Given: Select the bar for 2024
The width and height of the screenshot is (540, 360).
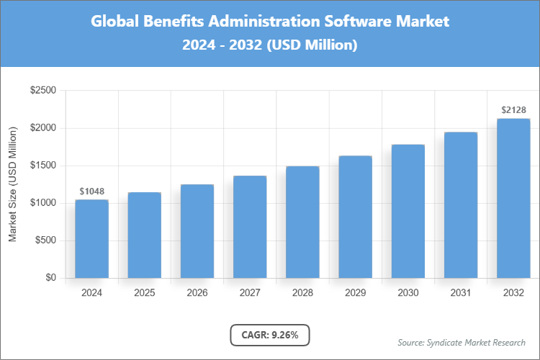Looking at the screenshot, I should pos(91,239).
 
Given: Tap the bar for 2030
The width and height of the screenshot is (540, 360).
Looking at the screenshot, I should pos(408,211).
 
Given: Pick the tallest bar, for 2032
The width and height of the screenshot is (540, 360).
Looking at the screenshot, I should pos(513,198).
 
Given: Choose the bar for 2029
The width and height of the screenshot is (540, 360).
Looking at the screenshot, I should pos(355,217).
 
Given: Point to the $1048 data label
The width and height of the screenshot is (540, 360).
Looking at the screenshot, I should pos(91,192).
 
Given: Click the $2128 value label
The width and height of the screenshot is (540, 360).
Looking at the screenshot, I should pos(513,110).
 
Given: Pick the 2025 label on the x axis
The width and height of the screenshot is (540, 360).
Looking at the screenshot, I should pos(144,293).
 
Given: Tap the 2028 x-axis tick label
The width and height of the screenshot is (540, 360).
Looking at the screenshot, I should pos(302,293).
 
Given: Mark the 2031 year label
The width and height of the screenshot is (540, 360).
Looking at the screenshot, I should pos(461,293).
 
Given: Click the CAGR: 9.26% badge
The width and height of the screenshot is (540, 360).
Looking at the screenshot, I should pos(269,335).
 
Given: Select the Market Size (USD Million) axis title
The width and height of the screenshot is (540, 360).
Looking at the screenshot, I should pos(12,185).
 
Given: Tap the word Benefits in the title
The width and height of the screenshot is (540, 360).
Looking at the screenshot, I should pos(173,21).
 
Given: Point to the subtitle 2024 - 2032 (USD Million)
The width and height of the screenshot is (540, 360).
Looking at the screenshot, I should pos(269,45).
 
